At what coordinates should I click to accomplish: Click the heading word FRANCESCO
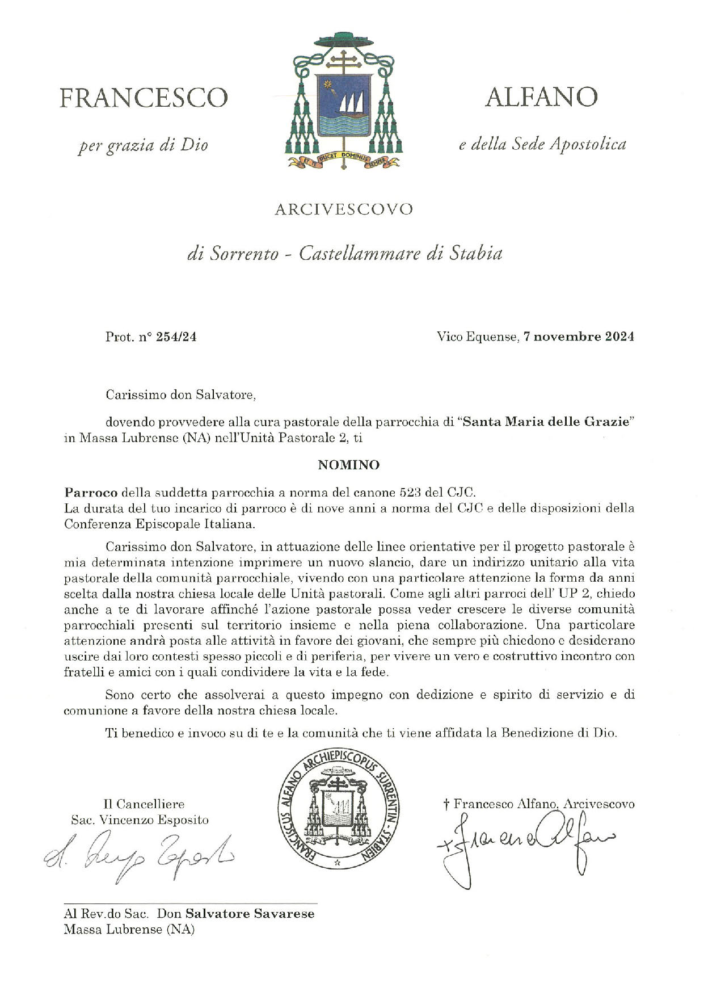tap(144, 98)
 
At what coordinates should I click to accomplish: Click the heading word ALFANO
tap(541, 97)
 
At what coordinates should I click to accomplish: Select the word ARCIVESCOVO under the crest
tap(344, 209)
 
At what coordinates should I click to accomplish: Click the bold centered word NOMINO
tap(348, 465)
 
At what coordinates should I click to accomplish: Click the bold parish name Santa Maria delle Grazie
tap(547, 422)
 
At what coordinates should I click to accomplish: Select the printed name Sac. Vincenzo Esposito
tap(140, 820)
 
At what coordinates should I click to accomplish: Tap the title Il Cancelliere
tap(144, 804)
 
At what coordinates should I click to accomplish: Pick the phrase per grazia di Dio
tap(143, 145)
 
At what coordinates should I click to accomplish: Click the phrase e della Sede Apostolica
tap(542, 144)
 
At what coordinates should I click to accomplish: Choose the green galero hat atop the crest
tap(342, 41)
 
